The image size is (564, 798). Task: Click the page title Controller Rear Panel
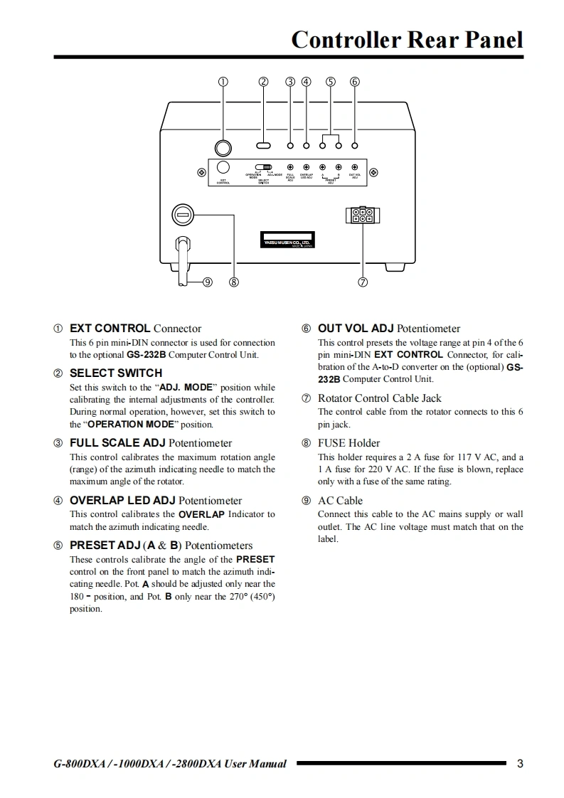coord(407,39)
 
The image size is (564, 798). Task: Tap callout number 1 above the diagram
coord(223,81)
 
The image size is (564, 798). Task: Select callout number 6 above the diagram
coord(355,81)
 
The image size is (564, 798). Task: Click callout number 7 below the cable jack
coord(363,282)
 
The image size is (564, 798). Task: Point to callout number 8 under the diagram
coord(233,282)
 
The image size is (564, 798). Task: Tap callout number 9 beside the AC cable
coord(208,282)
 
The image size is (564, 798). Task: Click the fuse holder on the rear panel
coord(183,213)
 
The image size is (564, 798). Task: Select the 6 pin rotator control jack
coord(362,215)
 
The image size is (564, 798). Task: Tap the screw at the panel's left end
coord(201,172)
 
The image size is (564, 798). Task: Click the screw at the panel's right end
coord(373,172)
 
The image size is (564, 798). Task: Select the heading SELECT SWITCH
coord(115,373)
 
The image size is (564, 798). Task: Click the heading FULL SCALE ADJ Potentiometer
coord(150,443)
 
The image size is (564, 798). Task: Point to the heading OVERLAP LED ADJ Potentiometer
coord(155,501)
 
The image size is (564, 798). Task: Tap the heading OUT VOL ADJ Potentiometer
coord(388,329)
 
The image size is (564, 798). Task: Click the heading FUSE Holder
coord(348,443)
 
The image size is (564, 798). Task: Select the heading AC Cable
coord(340,501)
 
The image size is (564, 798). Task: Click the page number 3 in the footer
coord(520,764)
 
